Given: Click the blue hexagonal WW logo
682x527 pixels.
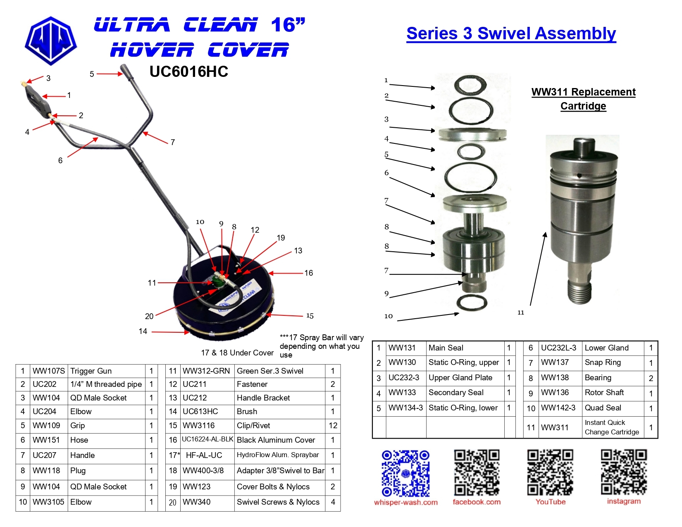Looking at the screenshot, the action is (51, 41).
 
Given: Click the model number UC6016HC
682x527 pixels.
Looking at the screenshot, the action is (188, 72).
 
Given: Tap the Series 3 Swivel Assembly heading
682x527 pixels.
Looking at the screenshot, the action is (511, 33).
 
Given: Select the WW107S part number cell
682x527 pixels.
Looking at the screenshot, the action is (49, 371).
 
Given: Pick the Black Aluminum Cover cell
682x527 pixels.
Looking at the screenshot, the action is (276, 440).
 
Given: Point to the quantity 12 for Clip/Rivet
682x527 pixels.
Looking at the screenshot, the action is (333, 425).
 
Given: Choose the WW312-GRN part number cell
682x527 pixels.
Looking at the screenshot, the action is (206, 371).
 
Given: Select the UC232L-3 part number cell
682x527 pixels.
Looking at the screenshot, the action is (559, 348).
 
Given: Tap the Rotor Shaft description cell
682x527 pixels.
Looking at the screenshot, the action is (604, 393).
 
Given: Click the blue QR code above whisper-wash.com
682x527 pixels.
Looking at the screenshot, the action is (405, 473).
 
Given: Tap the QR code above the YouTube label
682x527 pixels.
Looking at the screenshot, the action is (550, 472).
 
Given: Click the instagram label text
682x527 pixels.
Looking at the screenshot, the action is (624, 501).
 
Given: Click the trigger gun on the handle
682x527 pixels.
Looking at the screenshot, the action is (37, 100).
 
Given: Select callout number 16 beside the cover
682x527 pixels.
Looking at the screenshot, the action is (308, 273).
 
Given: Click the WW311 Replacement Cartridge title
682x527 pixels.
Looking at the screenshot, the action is (584, 99).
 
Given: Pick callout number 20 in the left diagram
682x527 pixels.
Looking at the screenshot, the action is (149, 316).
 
